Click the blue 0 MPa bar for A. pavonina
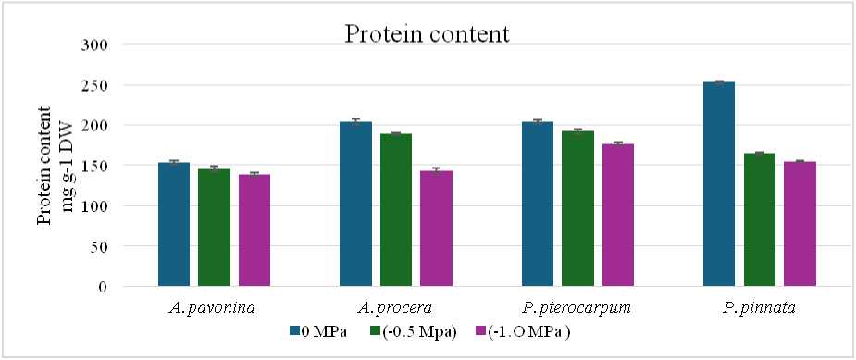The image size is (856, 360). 174,224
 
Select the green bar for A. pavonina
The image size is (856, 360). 214,228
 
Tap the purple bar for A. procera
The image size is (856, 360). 436,229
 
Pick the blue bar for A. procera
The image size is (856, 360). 356,204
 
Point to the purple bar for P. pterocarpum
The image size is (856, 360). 618,215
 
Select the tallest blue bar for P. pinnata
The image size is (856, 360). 719,184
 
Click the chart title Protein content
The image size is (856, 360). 427,35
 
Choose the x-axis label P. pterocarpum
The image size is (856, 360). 577,308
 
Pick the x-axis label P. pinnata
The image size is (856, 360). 760,308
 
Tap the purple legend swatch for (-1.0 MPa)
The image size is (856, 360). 481,331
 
